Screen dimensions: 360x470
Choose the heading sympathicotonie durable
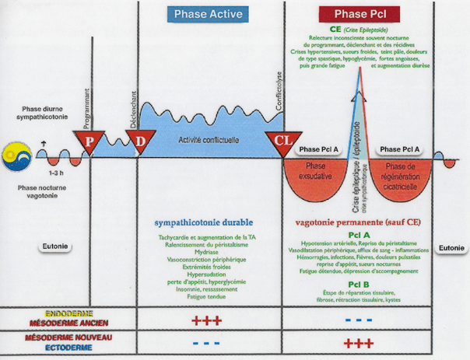pyautogui.click(x=206, y=222)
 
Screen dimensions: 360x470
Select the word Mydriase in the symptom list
pyautogui.click(x=206, y=252)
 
